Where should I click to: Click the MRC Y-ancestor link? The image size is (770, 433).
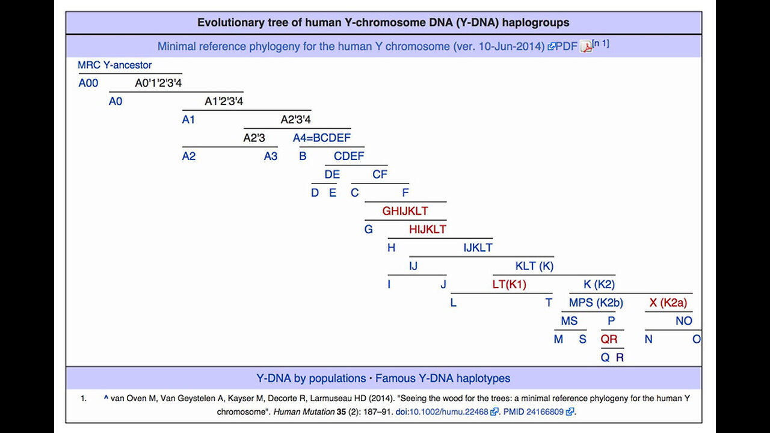[x=114, y=65]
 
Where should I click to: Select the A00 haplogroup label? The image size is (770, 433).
[x=88, y=83]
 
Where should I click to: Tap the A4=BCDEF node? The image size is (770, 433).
[x=321, y=138]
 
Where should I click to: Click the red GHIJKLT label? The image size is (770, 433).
[x=405, y=211]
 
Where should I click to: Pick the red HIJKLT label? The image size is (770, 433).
[x=427, y=229]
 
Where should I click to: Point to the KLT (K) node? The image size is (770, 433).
[x=534, y=266]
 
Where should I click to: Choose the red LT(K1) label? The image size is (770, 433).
[x=509, y=284]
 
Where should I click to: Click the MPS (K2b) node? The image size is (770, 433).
[x=596, y=302]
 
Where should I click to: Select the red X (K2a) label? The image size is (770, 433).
[x=668, y=302]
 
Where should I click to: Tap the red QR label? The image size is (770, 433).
[x=609, y=339]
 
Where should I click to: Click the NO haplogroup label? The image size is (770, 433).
[x=683, y=321]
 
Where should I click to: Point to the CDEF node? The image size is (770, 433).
[x=349, y=156]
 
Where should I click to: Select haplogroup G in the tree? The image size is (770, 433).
[x=369, y=229]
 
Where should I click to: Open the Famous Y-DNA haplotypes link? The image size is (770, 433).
[x=443, y=378]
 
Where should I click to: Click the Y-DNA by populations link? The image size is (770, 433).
[x=311, y=378]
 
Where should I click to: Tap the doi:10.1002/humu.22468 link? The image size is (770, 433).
[x=445, y=412]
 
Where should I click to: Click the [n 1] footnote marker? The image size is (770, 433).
[x=600, y=43]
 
